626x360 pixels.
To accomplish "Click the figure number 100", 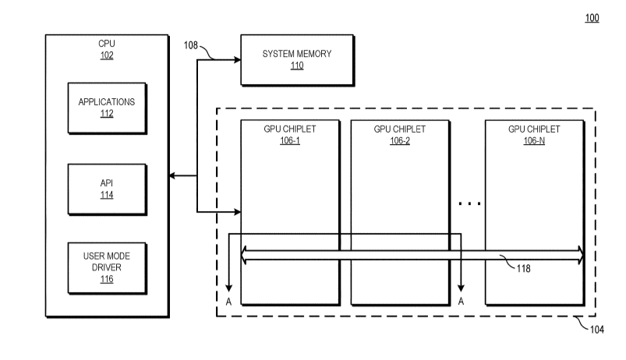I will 592,18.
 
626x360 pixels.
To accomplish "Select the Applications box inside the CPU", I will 107,107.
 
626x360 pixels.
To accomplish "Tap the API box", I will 107,189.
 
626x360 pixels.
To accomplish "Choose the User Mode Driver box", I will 107,267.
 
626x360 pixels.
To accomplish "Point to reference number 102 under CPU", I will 107,55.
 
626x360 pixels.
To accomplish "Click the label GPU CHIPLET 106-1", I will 290,133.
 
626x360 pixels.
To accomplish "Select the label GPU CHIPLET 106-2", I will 400,133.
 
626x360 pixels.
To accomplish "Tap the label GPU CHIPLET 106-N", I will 533,133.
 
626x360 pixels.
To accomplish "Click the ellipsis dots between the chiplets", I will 469,204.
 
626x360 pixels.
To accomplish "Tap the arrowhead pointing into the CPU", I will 173,178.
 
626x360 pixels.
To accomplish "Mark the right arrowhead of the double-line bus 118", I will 580,254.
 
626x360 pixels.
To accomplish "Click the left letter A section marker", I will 228,299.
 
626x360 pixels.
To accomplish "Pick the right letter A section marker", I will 462,299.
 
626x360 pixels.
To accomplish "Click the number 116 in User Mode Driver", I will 107,278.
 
